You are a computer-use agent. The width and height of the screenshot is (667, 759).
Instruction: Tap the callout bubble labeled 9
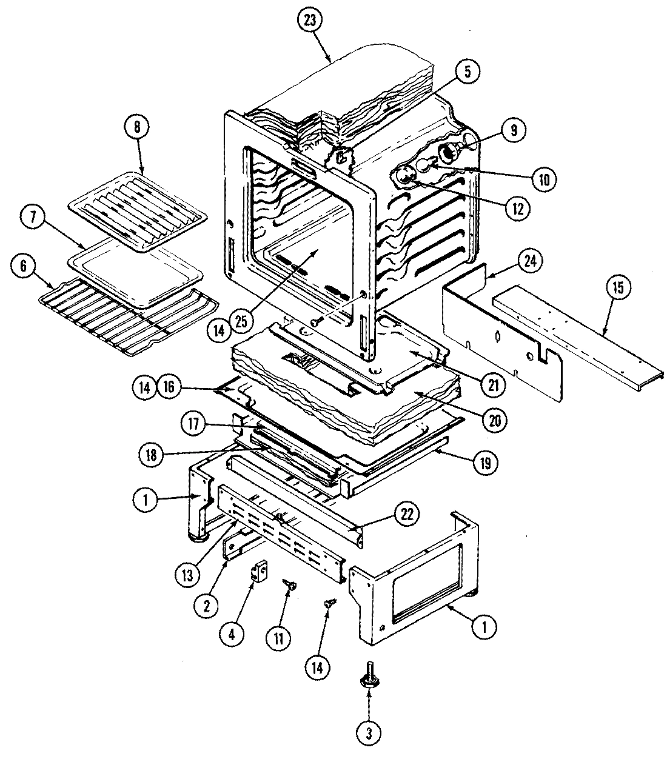click(x=513, y=129)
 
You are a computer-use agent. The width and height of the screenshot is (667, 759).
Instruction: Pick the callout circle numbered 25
click(x=241, y=322)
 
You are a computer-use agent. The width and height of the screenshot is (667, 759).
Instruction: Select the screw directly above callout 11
click(x=289, y=586)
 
